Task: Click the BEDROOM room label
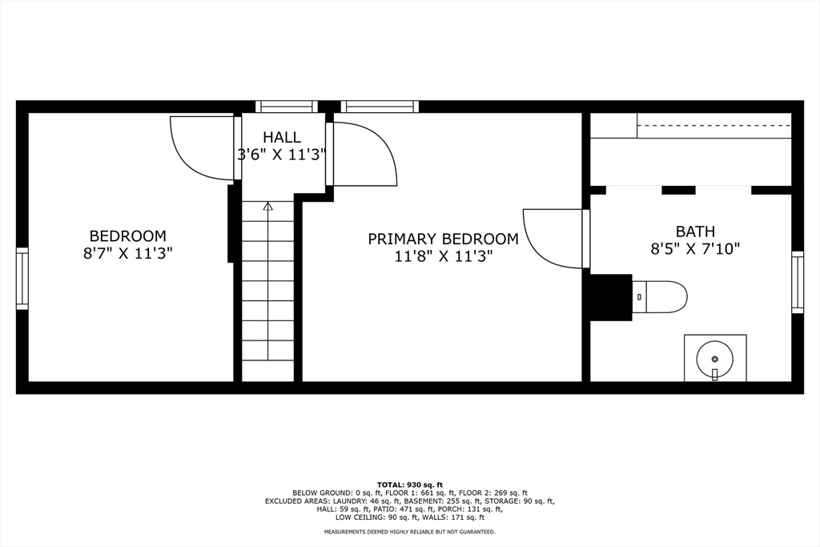pyautogui.click(x=127, y=236)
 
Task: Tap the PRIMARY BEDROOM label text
pyautogui.click(x=443, y=239)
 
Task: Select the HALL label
pyautogui.click(x=281, y=138)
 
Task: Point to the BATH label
pyautogui.click(x=695, y=231)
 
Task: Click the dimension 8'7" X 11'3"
pyautogui.click(x=127, y=254)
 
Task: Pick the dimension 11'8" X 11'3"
pyautogui.click(x=443, y=256)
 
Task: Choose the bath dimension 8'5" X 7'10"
pyautogui.click(x=695, y=248)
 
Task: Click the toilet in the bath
pyautogui.click(x=660, y=297)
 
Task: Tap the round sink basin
pyautogui.click(x=714, y=359)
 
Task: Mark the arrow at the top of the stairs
pyautogui.click(x=267, y=206)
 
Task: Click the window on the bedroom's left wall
pyautogui.click(x=22, y=279)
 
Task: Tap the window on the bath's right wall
pyautogui.click(x=797, y=283)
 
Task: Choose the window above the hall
pyautogui.click(x=287, y=107)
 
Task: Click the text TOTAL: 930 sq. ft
pyautogui.click(x=410, y=485)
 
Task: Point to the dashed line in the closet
pyautogui.click(x=713, y=126)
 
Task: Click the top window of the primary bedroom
pyautogui.click(x=380, y=107)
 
